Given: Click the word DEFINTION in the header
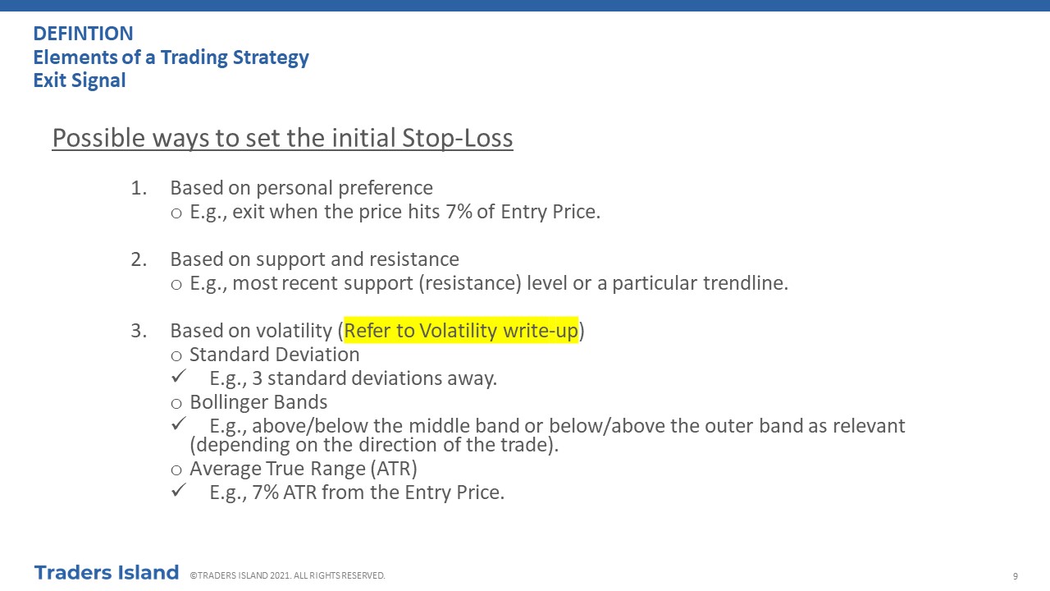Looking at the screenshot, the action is (83, 34).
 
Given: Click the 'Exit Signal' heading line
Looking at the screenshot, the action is (80, 80).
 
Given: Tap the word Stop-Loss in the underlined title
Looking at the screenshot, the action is (458, 139).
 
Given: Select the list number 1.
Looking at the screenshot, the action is (139, 188).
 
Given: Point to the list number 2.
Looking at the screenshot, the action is (139, 259).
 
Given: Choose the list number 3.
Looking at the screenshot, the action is (139, 331).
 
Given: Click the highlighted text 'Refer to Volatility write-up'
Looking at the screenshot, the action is (461, 331).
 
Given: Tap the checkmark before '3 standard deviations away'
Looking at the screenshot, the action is (179, 376).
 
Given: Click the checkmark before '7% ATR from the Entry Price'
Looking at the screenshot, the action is (179, 490).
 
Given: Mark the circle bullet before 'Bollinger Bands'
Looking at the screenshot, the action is (176, 403).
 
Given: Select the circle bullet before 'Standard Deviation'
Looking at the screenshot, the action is (176, 356).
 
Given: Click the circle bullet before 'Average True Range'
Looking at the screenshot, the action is (176, 470).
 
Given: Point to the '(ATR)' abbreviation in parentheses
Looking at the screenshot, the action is (393, 469).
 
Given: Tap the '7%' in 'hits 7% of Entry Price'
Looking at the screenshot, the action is (459, 212).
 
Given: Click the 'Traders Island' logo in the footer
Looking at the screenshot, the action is (107, 573).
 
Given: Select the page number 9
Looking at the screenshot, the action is (1016, 576).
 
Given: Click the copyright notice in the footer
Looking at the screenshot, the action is (287, 575).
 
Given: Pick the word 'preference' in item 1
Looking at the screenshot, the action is (386, 188).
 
